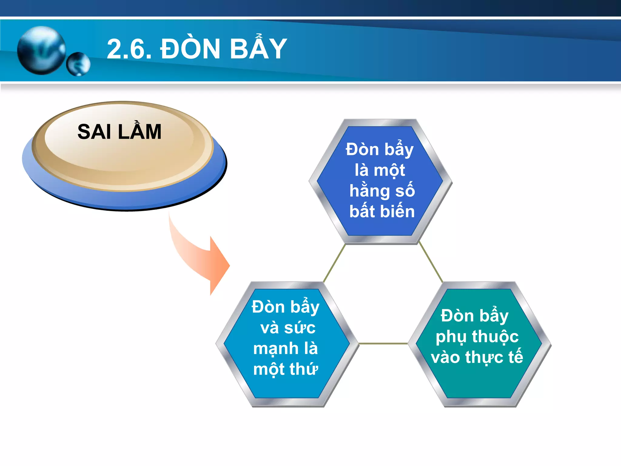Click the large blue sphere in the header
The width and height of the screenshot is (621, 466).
point(41,50)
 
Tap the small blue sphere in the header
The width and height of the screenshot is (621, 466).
point(78,64)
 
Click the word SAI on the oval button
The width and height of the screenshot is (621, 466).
point(94,132)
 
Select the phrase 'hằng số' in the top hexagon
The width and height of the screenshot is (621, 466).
point(382,191)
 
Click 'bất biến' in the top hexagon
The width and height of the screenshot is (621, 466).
point(382,211)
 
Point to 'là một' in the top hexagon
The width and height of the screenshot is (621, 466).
point(380,170)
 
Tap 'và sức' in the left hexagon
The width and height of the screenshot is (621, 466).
point(288,328)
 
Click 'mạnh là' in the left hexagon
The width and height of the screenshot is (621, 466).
point(286,348)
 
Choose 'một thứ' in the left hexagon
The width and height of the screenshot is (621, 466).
point(286,369)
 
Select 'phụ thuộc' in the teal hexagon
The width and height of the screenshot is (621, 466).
point(477,337)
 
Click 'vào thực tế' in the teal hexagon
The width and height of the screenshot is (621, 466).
point(477,357)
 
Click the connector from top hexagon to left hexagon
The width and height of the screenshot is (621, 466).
point(334,263)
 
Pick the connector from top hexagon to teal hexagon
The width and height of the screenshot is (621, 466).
point(431,263)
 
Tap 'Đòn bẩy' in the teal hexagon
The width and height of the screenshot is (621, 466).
point(475,316)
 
